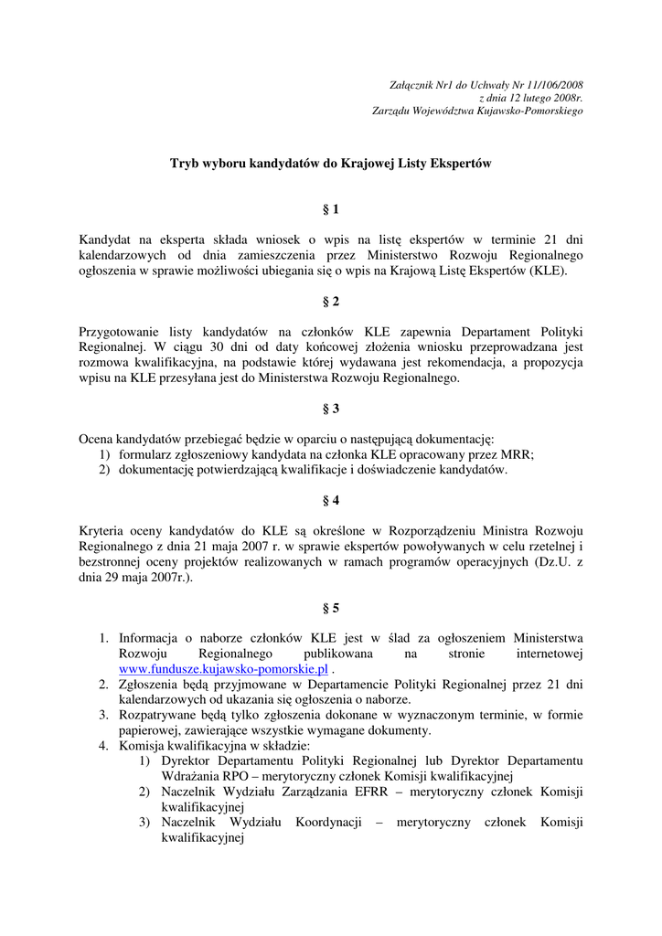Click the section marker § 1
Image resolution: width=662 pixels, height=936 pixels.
(331, 209)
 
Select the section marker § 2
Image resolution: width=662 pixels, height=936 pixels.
(331, 301)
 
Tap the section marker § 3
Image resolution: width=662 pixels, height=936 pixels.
(331, 409)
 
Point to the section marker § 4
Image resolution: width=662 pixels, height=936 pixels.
(331, 500)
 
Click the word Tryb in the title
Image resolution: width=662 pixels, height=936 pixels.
(186, 164)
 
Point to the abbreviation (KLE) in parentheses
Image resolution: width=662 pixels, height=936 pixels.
(543, 272)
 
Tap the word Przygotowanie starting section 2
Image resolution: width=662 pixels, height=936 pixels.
(125, 331)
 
